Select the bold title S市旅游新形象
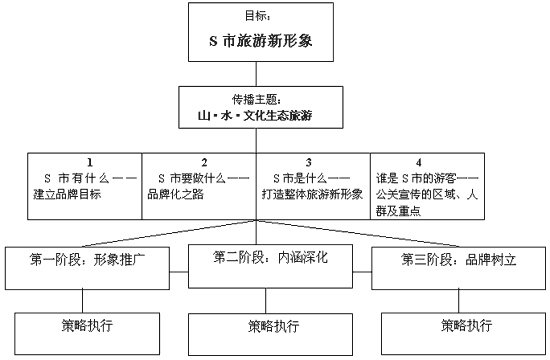271,42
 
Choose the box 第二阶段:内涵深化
271,257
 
